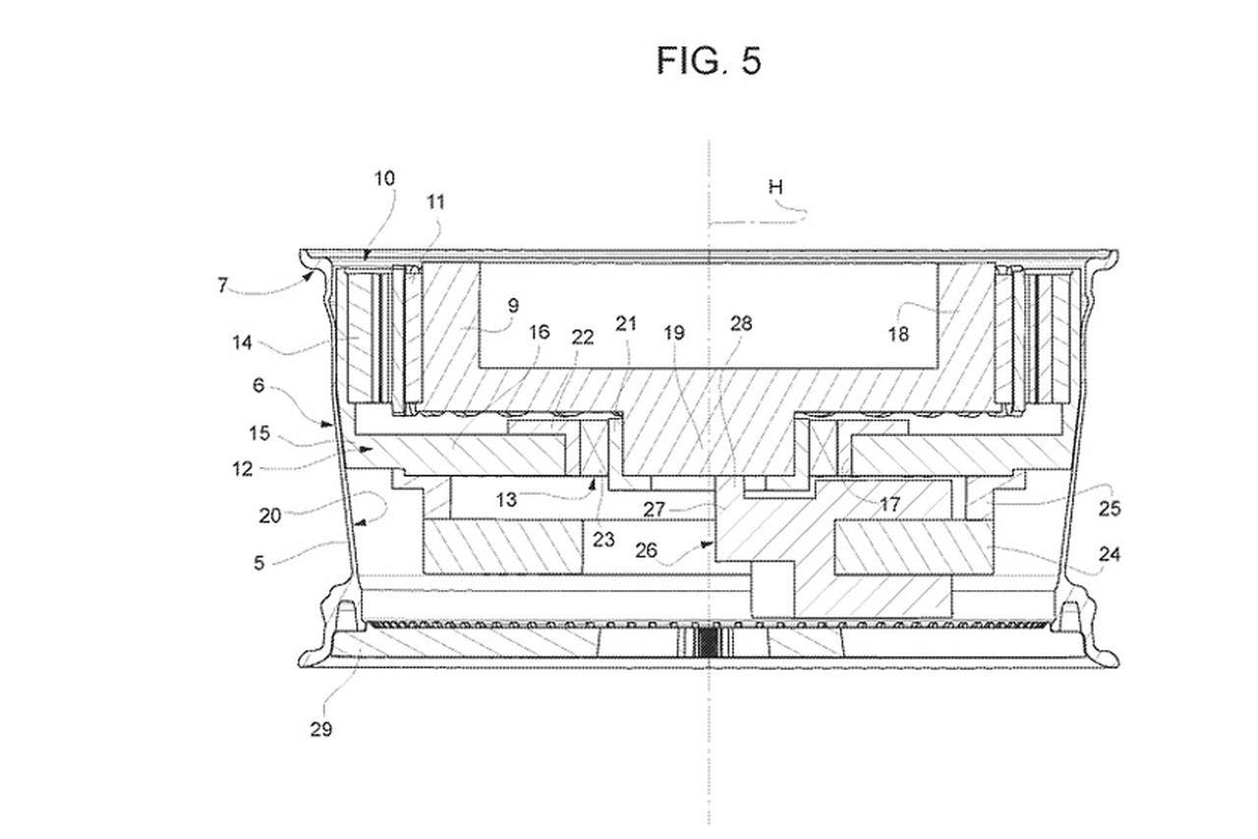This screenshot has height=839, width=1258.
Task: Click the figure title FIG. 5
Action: (x=710, y=61)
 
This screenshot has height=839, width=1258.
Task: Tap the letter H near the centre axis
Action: (x=775, y=187)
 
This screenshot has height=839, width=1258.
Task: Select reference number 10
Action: (x=384, y=179)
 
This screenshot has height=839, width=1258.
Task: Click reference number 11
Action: (x=435, y=203)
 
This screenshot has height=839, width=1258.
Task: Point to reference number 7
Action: (x=223, y=285)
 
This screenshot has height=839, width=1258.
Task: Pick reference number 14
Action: (x=242, y=342)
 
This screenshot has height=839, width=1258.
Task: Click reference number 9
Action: (x=513, y=306)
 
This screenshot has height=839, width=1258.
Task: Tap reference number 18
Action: (x=898, y=334)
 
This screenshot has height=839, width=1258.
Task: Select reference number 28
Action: (x=741, y=324)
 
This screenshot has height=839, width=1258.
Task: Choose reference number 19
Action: (x=674, y=332)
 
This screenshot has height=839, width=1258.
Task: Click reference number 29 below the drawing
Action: (x=320, y=730)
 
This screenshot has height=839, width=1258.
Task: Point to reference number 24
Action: (x=1110, y=555)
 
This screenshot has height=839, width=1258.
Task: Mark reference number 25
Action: (x=1110, y=509)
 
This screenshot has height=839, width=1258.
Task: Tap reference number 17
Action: (x=890, y=505)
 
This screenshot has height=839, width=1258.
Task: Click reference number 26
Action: (x=646, y=550)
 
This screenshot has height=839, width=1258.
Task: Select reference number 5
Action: (x=258, y=563)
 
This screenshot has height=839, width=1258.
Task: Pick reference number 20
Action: (x=269, y=515)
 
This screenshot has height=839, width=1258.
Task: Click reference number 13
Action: (x=506, y=499)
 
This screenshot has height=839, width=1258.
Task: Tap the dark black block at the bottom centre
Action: (x=709, y=641)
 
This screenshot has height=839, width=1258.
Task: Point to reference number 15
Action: (x=259, y=433)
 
